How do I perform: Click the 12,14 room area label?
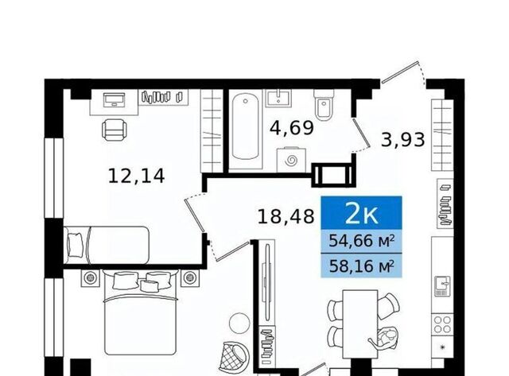coord(136,176)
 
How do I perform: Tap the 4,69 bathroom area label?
coord(292,129)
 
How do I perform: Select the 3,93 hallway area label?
coord(403,141)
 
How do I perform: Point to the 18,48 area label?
coord(286,217)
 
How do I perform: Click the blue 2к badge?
coord(361,214)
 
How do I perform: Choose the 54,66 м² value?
coord(362,242)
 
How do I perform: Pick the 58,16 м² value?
coord(362,266)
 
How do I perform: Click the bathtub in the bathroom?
coord(246,129)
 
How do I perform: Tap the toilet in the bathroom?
coord(324,104)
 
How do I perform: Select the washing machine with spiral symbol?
coord(291,161)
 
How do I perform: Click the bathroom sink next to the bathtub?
coord(278,98)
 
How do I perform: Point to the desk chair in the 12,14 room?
coord(114,130)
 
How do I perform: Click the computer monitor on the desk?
coord(114,99)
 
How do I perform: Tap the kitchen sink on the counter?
coord(442,286)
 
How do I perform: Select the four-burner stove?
coord(442,324)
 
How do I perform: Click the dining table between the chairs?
coord(360,324)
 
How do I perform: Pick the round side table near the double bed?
coord(240,323)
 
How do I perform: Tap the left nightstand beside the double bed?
coord(90,277)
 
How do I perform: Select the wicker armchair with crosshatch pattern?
coord(232,357)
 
